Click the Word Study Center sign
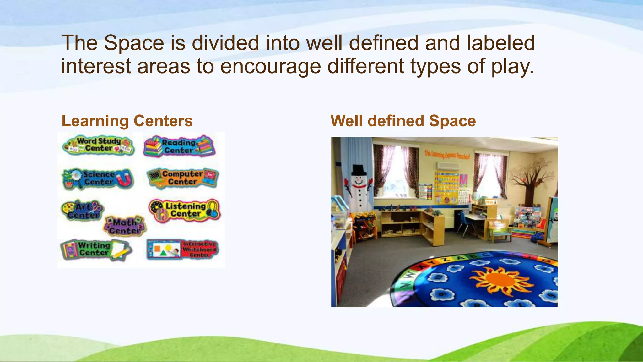(x=98, y=145)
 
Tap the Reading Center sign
(x=179, y=146)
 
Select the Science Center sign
(x=98, y=178)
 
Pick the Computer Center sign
(x=182, y=178)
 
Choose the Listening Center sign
(x=185, y=210)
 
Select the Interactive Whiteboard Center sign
(x=182, y=249)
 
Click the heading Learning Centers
(x=127, y=121)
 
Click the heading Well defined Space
(x=403, y=121)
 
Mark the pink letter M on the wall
(x=463, y=180)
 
